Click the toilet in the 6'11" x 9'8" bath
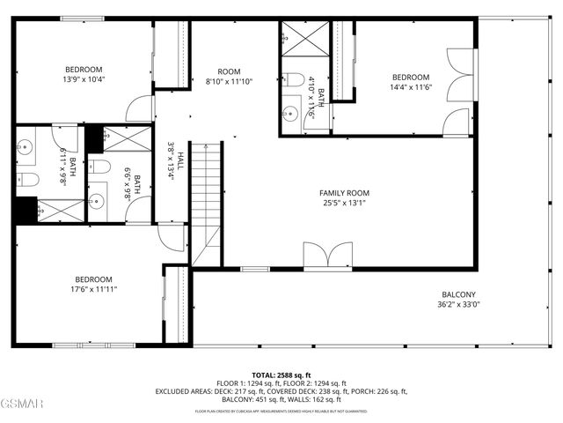click(x=27, y=181)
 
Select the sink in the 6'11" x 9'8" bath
click(x=26, y=148)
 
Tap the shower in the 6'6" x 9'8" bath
click(x=115, y=137)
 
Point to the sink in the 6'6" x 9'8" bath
click(x=98, y=202)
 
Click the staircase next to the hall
click(x=206, y=203)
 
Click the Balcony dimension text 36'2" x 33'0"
click(x=458, y=305)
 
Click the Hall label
click(x=180, y=160)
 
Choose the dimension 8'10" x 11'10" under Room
click(x=229, y=82)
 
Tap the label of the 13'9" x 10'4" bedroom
click(x=84, y=70)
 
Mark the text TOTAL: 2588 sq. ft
click(x=281, y=375)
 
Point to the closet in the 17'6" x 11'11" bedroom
click(x=176, y=304)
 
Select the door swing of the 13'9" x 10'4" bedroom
click(x=140, y=110)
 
